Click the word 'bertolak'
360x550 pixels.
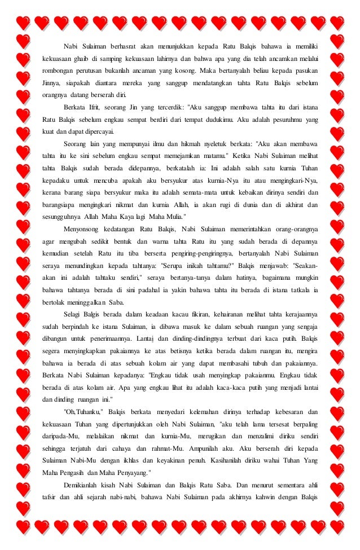[54, 301]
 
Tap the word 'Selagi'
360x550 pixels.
[74, 314]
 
